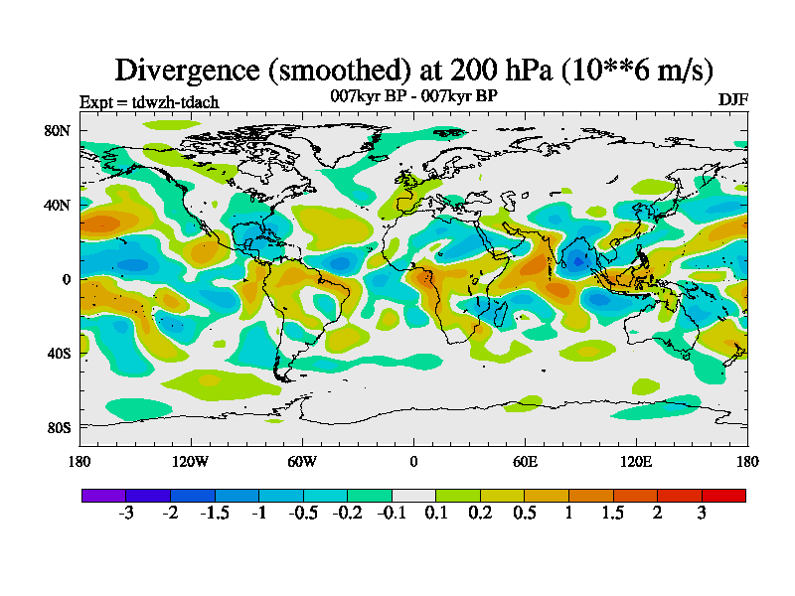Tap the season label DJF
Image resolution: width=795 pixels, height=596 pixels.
[732, 101]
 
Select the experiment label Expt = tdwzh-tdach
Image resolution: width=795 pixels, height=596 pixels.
[149, 102]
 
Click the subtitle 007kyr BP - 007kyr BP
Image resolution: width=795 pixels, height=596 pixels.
[413, 96]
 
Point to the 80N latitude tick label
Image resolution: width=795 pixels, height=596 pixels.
[58, 131]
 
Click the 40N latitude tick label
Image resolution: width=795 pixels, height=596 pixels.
[58, 206]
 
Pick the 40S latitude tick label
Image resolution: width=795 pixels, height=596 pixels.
[59, 354]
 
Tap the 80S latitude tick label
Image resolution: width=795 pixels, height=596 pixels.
[59, 428]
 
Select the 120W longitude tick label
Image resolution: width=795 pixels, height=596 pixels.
[191, 461]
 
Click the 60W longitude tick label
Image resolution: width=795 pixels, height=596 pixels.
[302, 461]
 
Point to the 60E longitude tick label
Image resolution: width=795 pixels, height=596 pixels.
[525, 461]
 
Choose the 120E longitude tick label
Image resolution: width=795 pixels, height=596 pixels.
[636, 461]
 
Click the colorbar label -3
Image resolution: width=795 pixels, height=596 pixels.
[126, 514]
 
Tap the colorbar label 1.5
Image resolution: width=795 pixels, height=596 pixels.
[613, 514]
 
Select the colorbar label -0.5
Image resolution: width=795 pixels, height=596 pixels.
[303, 514]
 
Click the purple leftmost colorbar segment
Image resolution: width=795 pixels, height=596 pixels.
[103, 495]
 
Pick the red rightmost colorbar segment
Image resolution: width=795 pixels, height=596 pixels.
[723, 495]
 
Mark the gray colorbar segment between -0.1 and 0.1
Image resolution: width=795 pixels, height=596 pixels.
[413, 495]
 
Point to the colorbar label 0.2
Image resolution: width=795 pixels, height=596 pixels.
[480, 514]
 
